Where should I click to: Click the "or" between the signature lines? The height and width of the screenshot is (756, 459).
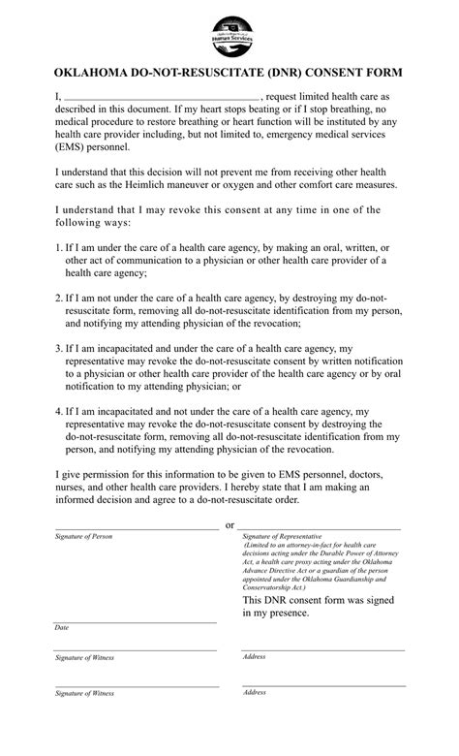229,525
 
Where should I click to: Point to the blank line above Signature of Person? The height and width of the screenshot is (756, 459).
136,529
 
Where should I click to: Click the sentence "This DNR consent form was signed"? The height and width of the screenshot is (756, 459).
320,601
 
